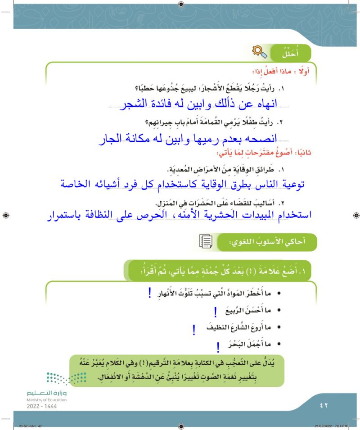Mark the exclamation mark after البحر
(218, 346)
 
